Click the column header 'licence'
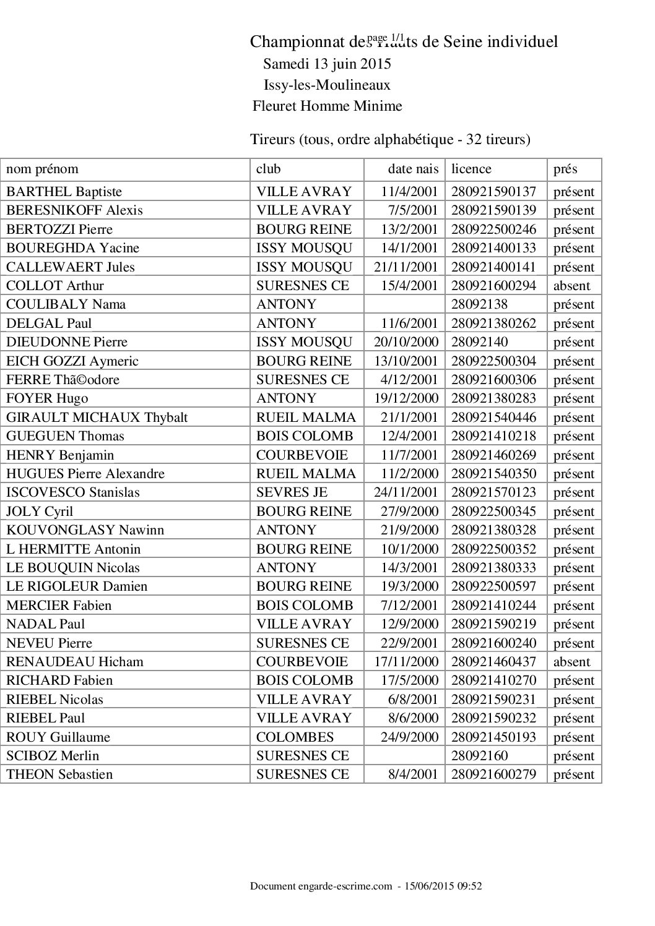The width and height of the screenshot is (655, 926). point(471,169)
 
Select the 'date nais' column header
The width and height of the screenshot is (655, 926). point(413,169)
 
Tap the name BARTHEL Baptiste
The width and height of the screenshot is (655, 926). point(64,192)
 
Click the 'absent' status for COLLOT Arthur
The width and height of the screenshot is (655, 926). point(571,286)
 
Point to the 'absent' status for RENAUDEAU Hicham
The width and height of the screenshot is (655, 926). point(571,662)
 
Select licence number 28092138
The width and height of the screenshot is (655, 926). point(480,304)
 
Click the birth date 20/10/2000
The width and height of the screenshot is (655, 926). point(406,342)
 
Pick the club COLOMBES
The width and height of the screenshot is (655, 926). point(295,737)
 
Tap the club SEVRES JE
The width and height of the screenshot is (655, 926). point(292,492)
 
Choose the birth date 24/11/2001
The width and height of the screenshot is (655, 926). point(406,492)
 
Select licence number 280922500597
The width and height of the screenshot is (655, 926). point(493,586)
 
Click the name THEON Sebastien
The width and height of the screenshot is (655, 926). point(59,774)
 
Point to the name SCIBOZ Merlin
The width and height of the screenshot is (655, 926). point(53,756)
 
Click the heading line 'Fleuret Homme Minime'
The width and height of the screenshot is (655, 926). point(327,106)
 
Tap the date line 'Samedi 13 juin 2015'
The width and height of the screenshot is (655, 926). point(327,64)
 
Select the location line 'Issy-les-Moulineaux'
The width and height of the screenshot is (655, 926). point(327,85)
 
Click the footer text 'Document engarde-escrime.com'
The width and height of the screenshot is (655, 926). point(321,886)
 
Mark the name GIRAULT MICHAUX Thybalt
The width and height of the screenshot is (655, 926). point(97,418)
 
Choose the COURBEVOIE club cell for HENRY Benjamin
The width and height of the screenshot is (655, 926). point(302,455)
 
